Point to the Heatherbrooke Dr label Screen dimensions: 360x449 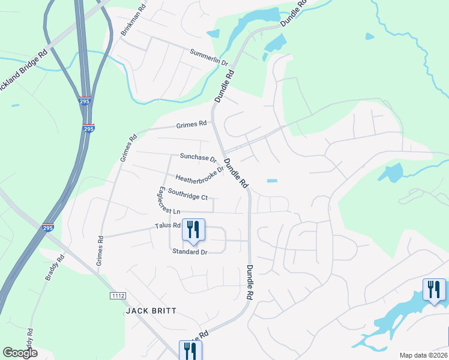tap(199, 173)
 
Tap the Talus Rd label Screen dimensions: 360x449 tap(167, 226)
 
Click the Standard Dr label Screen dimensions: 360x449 tap(190, 252)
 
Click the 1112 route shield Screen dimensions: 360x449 tap(117, 296)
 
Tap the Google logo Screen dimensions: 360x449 tap(20, 353)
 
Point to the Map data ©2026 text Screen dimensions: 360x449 tap(423, 355)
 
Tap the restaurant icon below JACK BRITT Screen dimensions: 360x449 tap(190, 350)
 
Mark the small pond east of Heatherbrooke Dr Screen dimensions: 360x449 tap(273, 181)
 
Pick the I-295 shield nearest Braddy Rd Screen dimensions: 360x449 tap(49, 228)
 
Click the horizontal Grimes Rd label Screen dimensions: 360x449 tap(191, 125)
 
